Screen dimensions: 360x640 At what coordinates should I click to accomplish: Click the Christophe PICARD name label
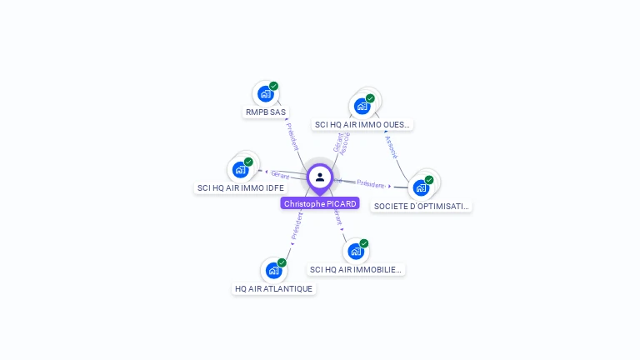[x=320, y=203]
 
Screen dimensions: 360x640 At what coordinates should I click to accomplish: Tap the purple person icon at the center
[x=320, y=177]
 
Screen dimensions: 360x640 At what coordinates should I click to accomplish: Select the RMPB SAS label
[x=266, y=112]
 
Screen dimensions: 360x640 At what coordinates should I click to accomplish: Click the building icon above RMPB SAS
[x=265, y=94]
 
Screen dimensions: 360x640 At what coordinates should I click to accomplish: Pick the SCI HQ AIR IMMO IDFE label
[x=240, y=188]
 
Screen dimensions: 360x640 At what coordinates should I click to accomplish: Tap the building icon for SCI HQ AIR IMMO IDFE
[x=240, y=170]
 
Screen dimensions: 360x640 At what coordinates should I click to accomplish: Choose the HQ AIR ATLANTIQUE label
[x=273, y=289]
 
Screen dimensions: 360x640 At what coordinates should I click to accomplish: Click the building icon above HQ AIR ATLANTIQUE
[x=273, y=271]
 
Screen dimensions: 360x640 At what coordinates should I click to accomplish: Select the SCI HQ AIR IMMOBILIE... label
[x=356, y=270]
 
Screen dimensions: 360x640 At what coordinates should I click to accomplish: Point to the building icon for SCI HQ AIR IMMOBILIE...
[x=356, y=252]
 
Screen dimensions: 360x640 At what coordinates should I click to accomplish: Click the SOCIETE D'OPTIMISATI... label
[x=421, y=206]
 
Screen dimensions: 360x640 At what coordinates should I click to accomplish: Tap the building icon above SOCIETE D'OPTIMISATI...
[x=421, y=187]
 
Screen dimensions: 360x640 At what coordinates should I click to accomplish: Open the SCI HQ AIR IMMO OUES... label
[x=362, y=125]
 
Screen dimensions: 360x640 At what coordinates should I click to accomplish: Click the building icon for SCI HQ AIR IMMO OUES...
[x=362, y=106]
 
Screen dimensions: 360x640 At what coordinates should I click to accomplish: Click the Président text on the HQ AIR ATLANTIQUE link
[x=296, y=226]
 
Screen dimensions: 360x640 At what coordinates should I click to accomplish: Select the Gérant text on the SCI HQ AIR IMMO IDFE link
[x=280, y=174]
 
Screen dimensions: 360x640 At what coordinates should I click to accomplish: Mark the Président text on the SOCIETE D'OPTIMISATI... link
[x=371, y=184]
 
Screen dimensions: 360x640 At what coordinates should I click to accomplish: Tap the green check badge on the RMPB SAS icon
[x=273, y=86]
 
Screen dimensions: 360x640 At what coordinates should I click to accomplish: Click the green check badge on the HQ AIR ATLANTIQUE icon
[x=282, y=262]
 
